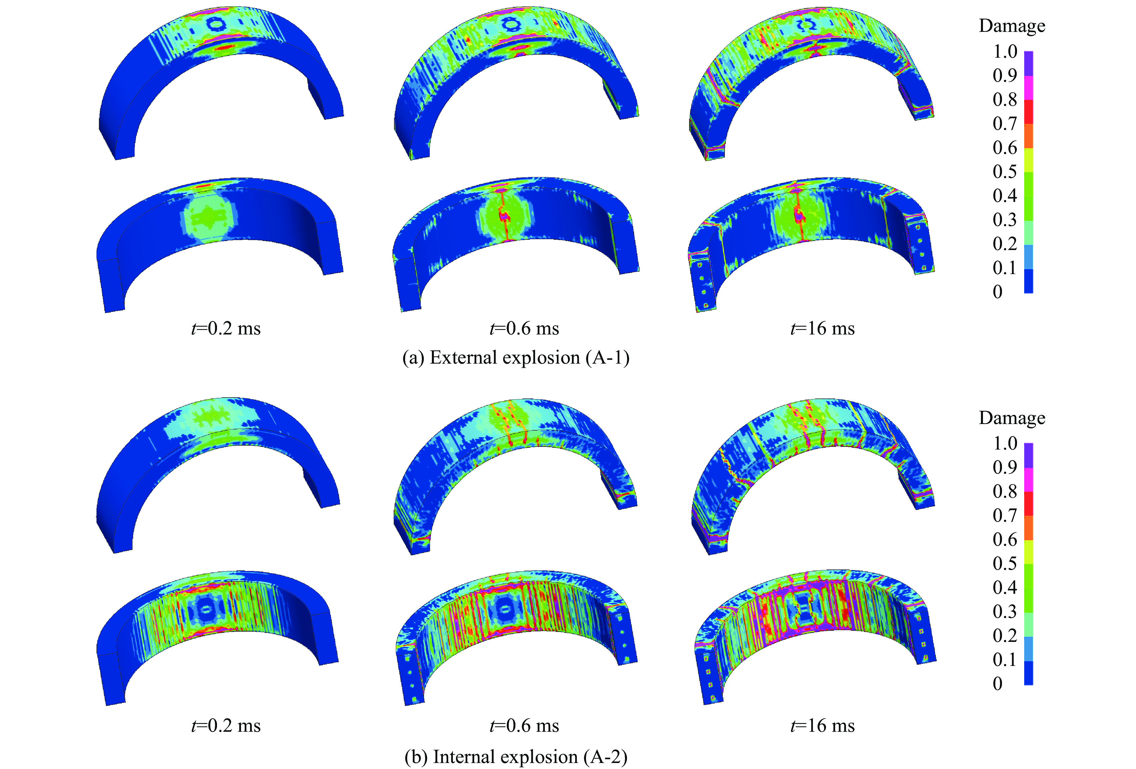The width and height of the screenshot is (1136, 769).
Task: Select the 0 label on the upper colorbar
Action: (998, 292)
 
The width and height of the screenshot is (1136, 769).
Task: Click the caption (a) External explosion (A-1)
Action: (516, 358)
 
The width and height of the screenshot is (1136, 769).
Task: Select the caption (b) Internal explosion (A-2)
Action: (516, 757)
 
